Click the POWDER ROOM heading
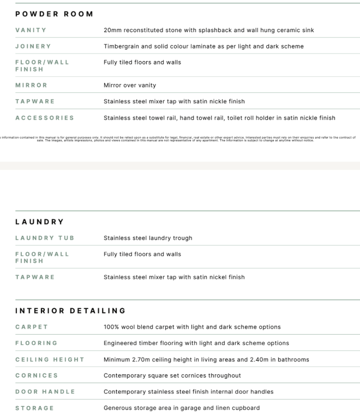pyautogui.click(x=54, y=14)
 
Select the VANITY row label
pyautogui.click(x=31, y=30)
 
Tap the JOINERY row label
pyautogui.click(x=33, y=46)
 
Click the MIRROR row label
pyautogui.click(x=31, y=85)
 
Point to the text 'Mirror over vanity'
pyautogui.click(x=130, y=85)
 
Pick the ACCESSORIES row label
pyautogui.click(x=45, y=117)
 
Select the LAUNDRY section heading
pyautogui.click(x=39, y=222)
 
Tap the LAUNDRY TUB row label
pyautogui.click(x=45, y=238)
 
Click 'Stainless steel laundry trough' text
pyautogui.click(x=148, y=238)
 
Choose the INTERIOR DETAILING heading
pyautogui.click(x=70, y=311)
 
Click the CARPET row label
pyautogui.click(x=32, y=327)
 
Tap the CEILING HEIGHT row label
pyautogui.click(x=50, y=359)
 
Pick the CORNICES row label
pyautogui.click(x=37, y=376)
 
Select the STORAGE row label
pyautogui.click(x=34, y=408)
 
